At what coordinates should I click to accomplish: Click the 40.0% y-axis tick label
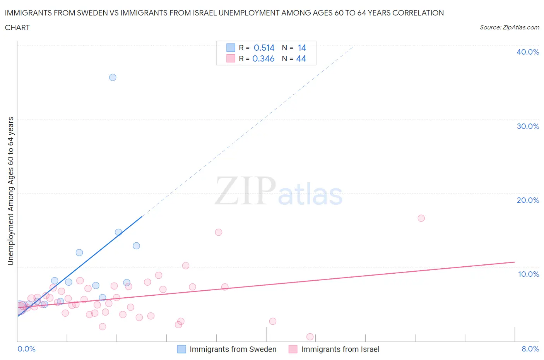tap(528, 52)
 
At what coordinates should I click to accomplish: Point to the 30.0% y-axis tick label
tap(528, 126)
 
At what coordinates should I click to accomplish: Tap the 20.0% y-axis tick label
tap(528, 200)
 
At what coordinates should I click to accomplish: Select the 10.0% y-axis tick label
tap(528, 274)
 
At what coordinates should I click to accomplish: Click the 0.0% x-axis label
tap(26, 349)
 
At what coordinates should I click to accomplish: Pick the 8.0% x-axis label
tap(530, 349)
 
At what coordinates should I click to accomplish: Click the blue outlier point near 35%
tap(113, 77)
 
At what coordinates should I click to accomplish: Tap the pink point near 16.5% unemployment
tap(421, 218)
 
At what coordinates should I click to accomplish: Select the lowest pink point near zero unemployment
tap(310, 337)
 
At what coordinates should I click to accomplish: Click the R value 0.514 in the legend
tap(264, 48)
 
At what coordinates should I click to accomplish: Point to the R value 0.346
tap(263, 58)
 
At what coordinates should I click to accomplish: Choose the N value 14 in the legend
tap(302, 48)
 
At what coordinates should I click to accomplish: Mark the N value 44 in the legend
tap(301, 58)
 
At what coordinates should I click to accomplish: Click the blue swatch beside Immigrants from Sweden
tap(181, 349)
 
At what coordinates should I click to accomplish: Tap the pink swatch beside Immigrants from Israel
tap(293, 349)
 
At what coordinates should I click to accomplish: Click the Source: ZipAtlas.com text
tap(509, 27)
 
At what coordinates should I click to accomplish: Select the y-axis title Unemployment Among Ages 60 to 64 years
tap(10, 191)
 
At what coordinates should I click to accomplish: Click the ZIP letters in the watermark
tap(245, 191)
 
